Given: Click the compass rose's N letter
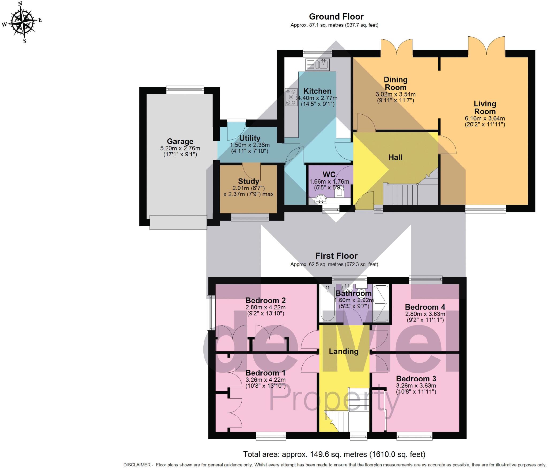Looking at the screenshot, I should [x=20, y=4].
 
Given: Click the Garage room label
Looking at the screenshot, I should [x=180, y=141].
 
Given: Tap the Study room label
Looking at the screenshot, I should [x=248, y=181].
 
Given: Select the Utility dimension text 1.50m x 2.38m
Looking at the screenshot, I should [x=250, y=145].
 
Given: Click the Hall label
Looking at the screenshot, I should [x=395, y=157].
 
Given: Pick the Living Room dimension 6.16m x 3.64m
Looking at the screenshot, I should [x=485, y=118].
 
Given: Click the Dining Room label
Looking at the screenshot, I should [x=395, y=83].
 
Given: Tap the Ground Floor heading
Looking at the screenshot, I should [x=336, y=17].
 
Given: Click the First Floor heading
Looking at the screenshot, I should [x=336, y=256].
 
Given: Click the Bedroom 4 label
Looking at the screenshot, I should [x=425, y=307].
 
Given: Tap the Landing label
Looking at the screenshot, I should [x=344, y=351].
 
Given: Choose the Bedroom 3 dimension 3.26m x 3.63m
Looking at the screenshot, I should [x=416, y=386].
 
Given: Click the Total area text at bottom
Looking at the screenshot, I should [x=334, y=454].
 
